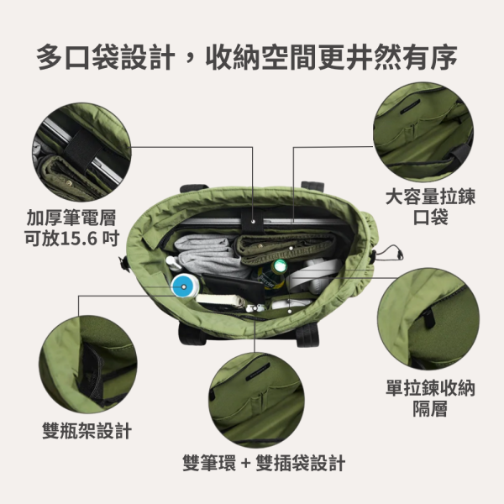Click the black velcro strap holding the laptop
252,222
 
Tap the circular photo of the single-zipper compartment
428,319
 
